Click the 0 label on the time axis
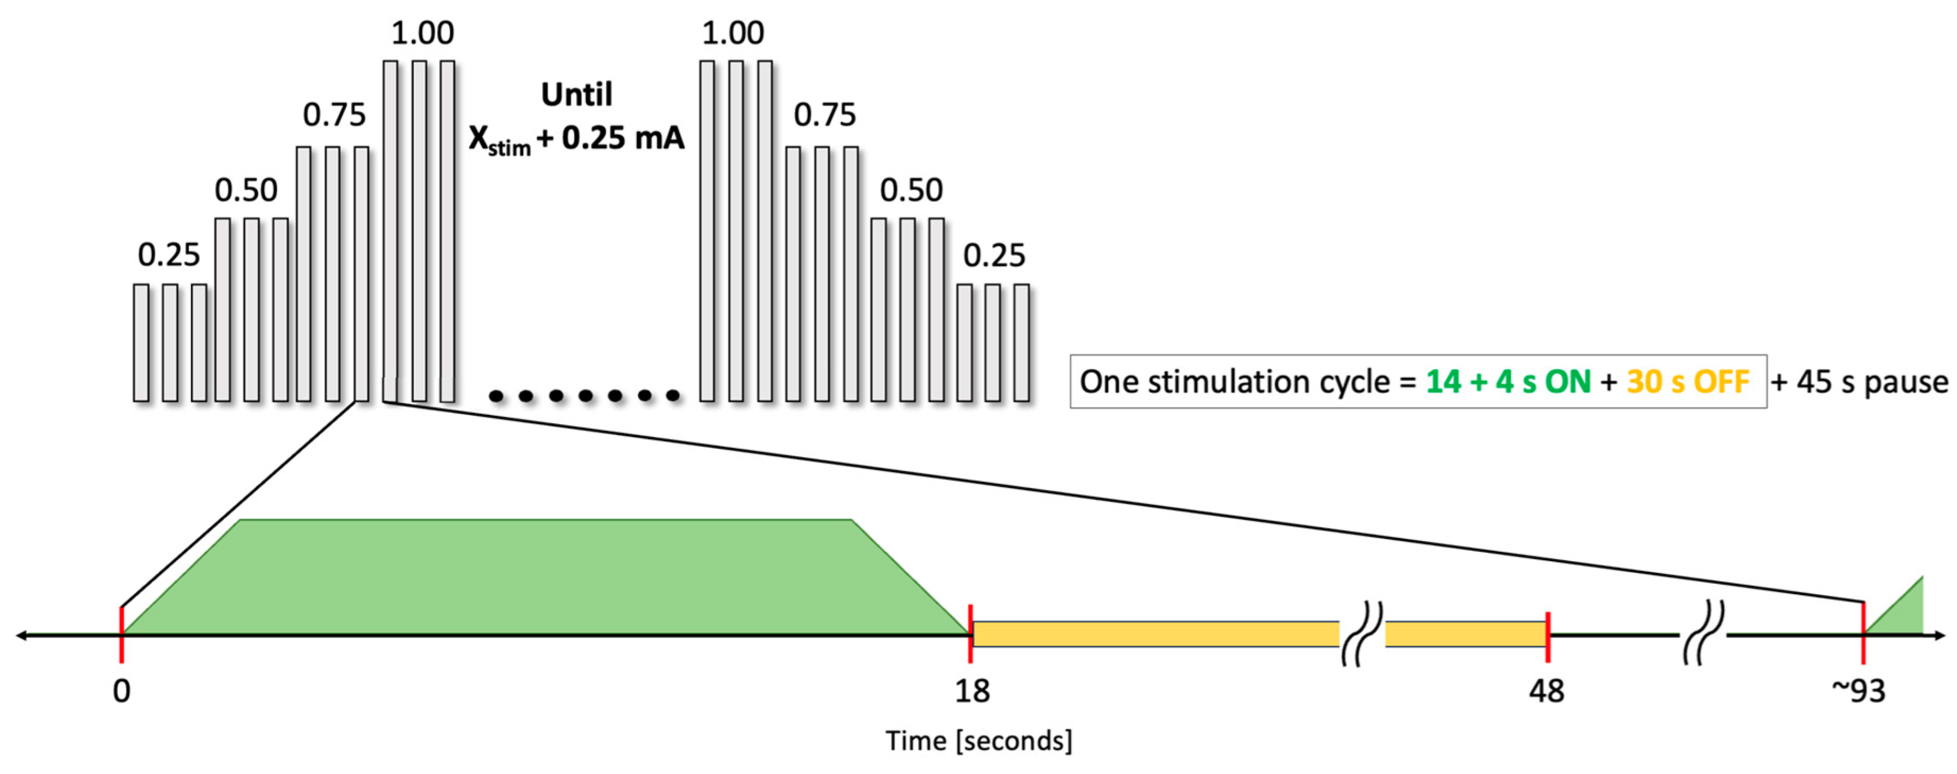click(122, 691)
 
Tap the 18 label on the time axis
click(972, 691)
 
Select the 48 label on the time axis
click(1547, 691)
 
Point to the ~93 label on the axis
click(1858, 691)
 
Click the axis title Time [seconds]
click(978, 741)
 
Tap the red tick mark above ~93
click(1863, 631)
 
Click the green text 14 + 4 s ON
click(1508, 382)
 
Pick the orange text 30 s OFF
click(1688, 382)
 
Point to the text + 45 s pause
click(1860, 382)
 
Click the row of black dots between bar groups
click(584, 395)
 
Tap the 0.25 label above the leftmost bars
click(169, 255)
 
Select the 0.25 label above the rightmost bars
click(993, 255)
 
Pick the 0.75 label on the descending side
click(824, 115)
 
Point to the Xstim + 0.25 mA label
click(577, 139)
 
